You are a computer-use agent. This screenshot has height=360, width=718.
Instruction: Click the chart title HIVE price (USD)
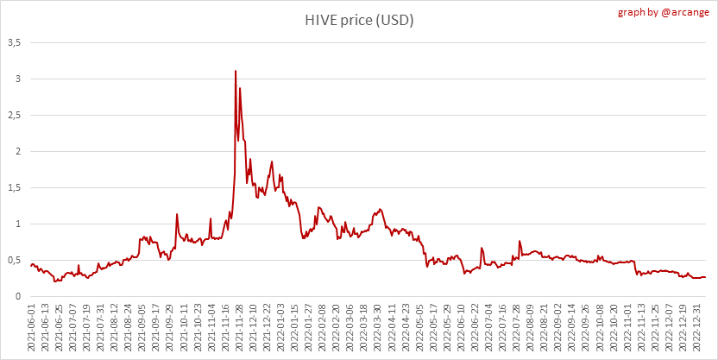(x=358, y=20)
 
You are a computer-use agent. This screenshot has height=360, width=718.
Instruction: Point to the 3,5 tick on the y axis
(x=14, y=42)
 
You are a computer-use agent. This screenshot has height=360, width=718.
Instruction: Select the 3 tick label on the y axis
(x=17, y=79)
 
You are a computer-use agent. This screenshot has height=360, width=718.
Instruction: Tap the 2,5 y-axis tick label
(x=14, y=115)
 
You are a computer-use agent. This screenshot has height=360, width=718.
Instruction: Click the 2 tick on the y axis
(x=17, y=151)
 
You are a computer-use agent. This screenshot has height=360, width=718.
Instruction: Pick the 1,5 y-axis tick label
(x=14, y=187)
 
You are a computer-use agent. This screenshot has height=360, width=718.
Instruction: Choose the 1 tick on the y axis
(x=17, y=224)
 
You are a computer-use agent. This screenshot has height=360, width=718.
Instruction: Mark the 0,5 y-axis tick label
(x=14, y=260)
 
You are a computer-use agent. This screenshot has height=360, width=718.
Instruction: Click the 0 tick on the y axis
(x=17, y=296)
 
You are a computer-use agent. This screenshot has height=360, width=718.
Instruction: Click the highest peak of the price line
(x=236, y=71)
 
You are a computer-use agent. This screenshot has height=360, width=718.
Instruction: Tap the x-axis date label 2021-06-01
(x=33, y=328)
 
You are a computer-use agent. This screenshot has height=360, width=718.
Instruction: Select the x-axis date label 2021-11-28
(x=238, y=328)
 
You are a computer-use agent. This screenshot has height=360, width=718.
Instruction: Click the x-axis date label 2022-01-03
(x=280, y=328)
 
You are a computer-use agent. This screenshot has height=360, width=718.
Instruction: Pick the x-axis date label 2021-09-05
(x=142, y=328)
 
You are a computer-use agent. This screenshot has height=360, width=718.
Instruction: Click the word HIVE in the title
(x=319, y=20)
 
